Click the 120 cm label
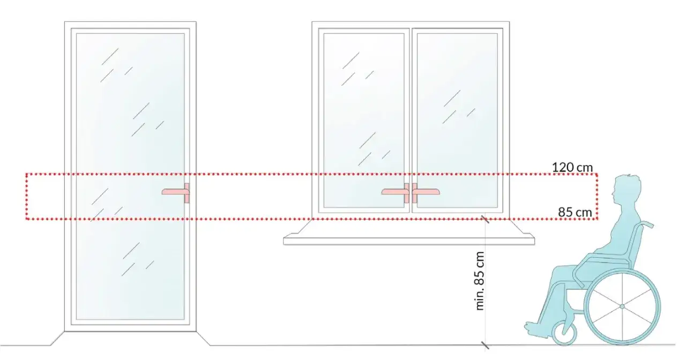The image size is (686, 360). tap(572, 168)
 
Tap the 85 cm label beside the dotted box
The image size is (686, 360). tap(575, 212)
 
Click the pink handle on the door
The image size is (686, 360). tap(176, 192)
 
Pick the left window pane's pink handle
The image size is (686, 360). tap(396, 192)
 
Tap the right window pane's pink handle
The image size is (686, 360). tap(426, 192)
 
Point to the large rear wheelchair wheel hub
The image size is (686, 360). tap(622, 306)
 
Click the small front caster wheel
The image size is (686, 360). tap(564, 333)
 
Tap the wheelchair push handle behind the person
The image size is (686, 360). tap(646, 224)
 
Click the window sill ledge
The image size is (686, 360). tap(409, 240)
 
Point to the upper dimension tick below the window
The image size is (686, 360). tap(485, 219)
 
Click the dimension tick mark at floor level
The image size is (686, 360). tap(485, 345)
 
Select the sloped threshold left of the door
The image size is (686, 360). tap(57, 338)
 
